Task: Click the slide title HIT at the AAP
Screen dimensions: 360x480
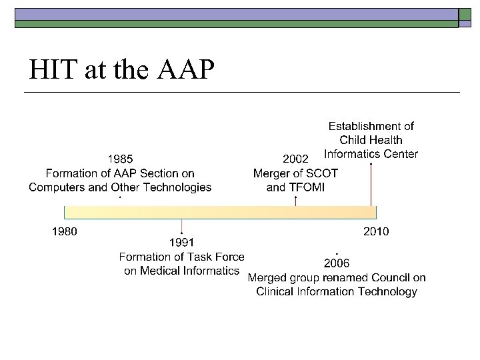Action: [x=122, y=69]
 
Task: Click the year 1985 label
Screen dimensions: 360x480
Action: [x=120, y=159]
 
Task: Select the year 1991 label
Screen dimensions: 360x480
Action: [x=182, y=242]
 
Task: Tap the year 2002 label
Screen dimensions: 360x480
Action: [x=295, y=159]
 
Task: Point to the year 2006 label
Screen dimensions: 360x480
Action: [x=337, y=262]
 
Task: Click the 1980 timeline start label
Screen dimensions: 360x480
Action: [x=65, y=232]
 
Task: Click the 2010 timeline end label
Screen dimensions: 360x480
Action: [x=376, y=232]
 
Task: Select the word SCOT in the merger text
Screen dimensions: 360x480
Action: [x=322, y=173]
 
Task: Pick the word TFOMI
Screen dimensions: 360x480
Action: [x=306, y=187]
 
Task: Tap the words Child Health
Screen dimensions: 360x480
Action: [x=371, y=140]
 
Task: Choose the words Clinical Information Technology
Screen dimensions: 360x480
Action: [x=337, y=291]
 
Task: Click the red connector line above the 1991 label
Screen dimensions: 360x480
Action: [x=182, y=227]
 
